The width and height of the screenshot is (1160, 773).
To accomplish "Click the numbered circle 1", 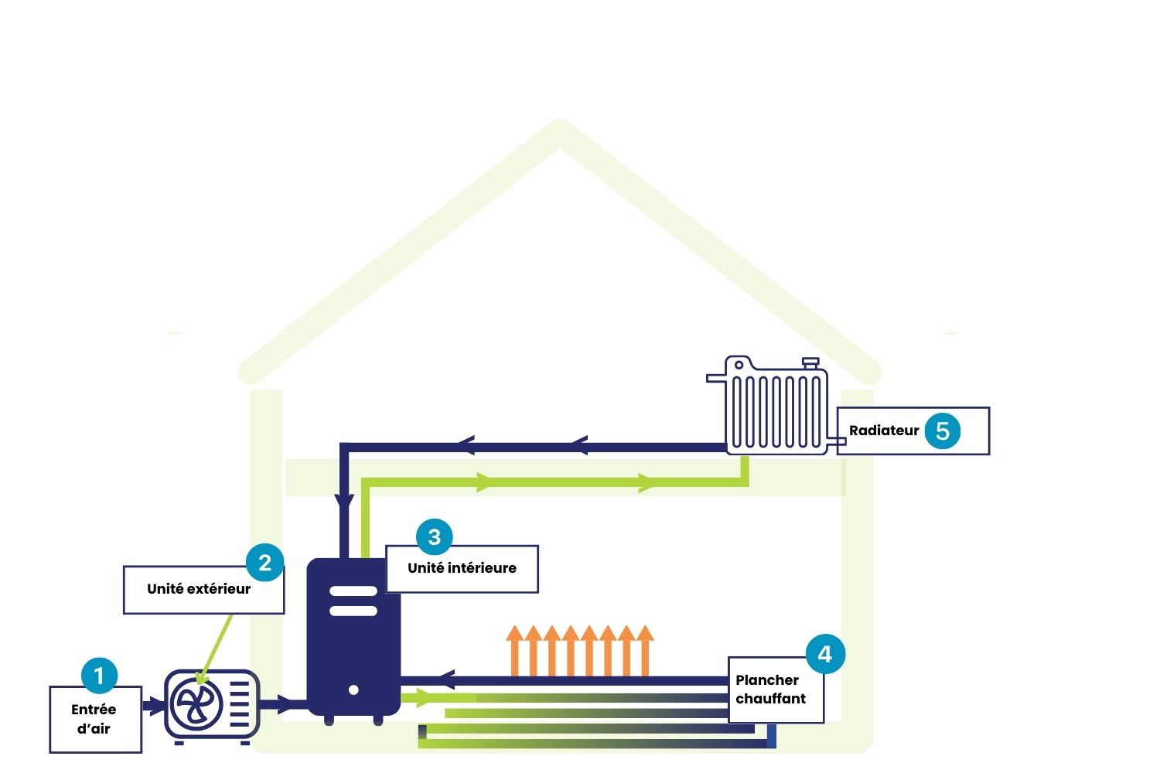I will (99, 676).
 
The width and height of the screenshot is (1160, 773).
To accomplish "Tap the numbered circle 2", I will (265, 562).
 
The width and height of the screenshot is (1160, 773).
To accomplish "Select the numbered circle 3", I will (434, 536).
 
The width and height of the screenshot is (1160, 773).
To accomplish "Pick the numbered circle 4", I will (825, 654).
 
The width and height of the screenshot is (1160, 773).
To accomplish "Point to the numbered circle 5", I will (942, 431).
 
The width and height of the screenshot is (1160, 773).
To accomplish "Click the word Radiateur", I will (884, 431).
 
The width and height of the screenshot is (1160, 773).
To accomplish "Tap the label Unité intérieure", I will (462, 568).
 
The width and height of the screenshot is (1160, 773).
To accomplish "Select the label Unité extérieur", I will (199, 589).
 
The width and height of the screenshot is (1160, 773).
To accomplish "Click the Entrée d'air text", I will (94, 719).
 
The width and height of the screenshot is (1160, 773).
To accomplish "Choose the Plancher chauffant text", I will (770, 690).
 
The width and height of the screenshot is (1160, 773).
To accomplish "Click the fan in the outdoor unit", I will (196, 704).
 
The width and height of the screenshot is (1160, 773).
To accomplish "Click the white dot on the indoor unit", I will (353, 690).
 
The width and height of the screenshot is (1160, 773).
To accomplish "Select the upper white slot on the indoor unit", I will (353, 591).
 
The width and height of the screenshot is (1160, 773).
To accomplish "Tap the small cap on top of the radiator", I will (810, 362).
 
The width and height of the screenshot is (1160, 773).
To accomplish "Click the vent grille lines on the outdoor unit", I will (241, 704).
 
